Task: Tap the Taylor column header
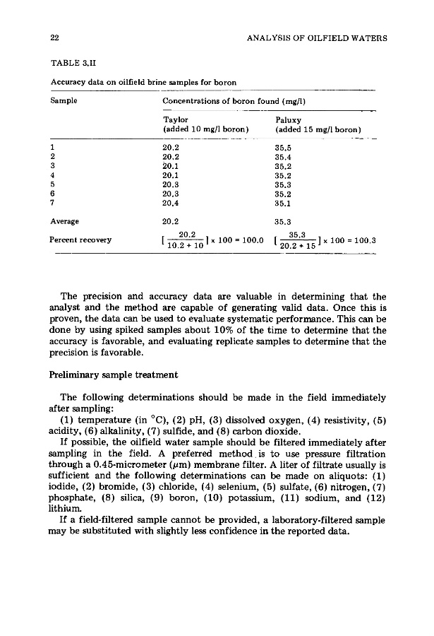(x=174, y=121)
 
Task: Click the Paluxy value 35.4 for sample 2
(x=284, y=158)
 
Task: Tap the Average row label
(x=64, y=220)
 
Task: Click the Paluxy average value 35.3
(x=284, y=220)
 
